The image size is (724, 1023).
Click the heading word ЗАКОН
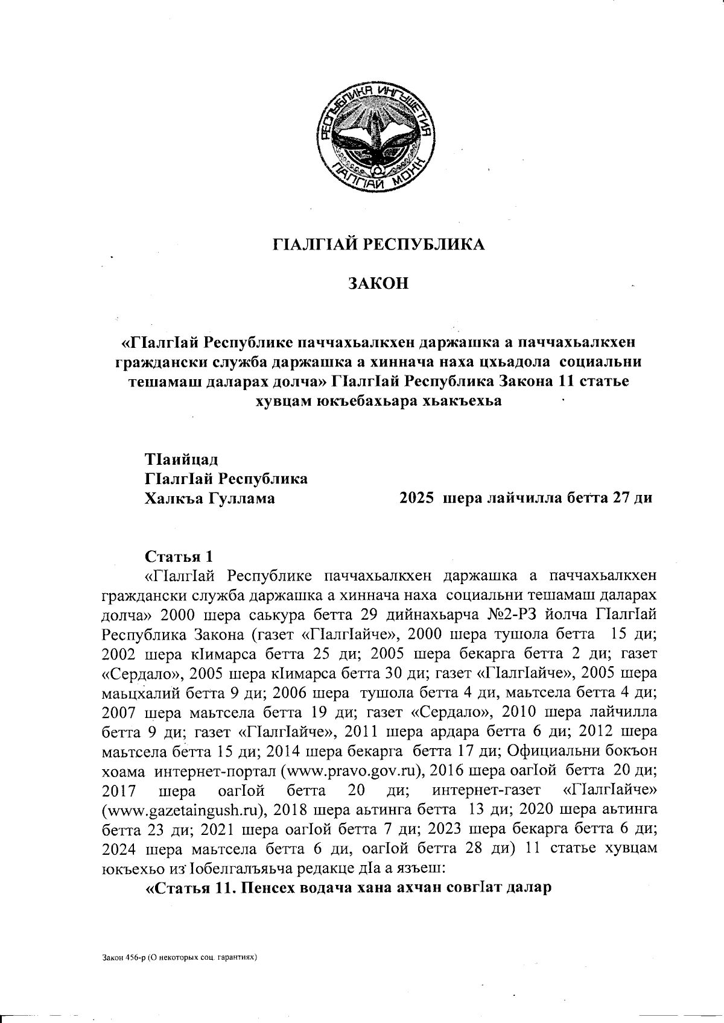pos(378,283)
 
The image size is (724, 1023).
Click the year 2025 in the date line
pos(418,499)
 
